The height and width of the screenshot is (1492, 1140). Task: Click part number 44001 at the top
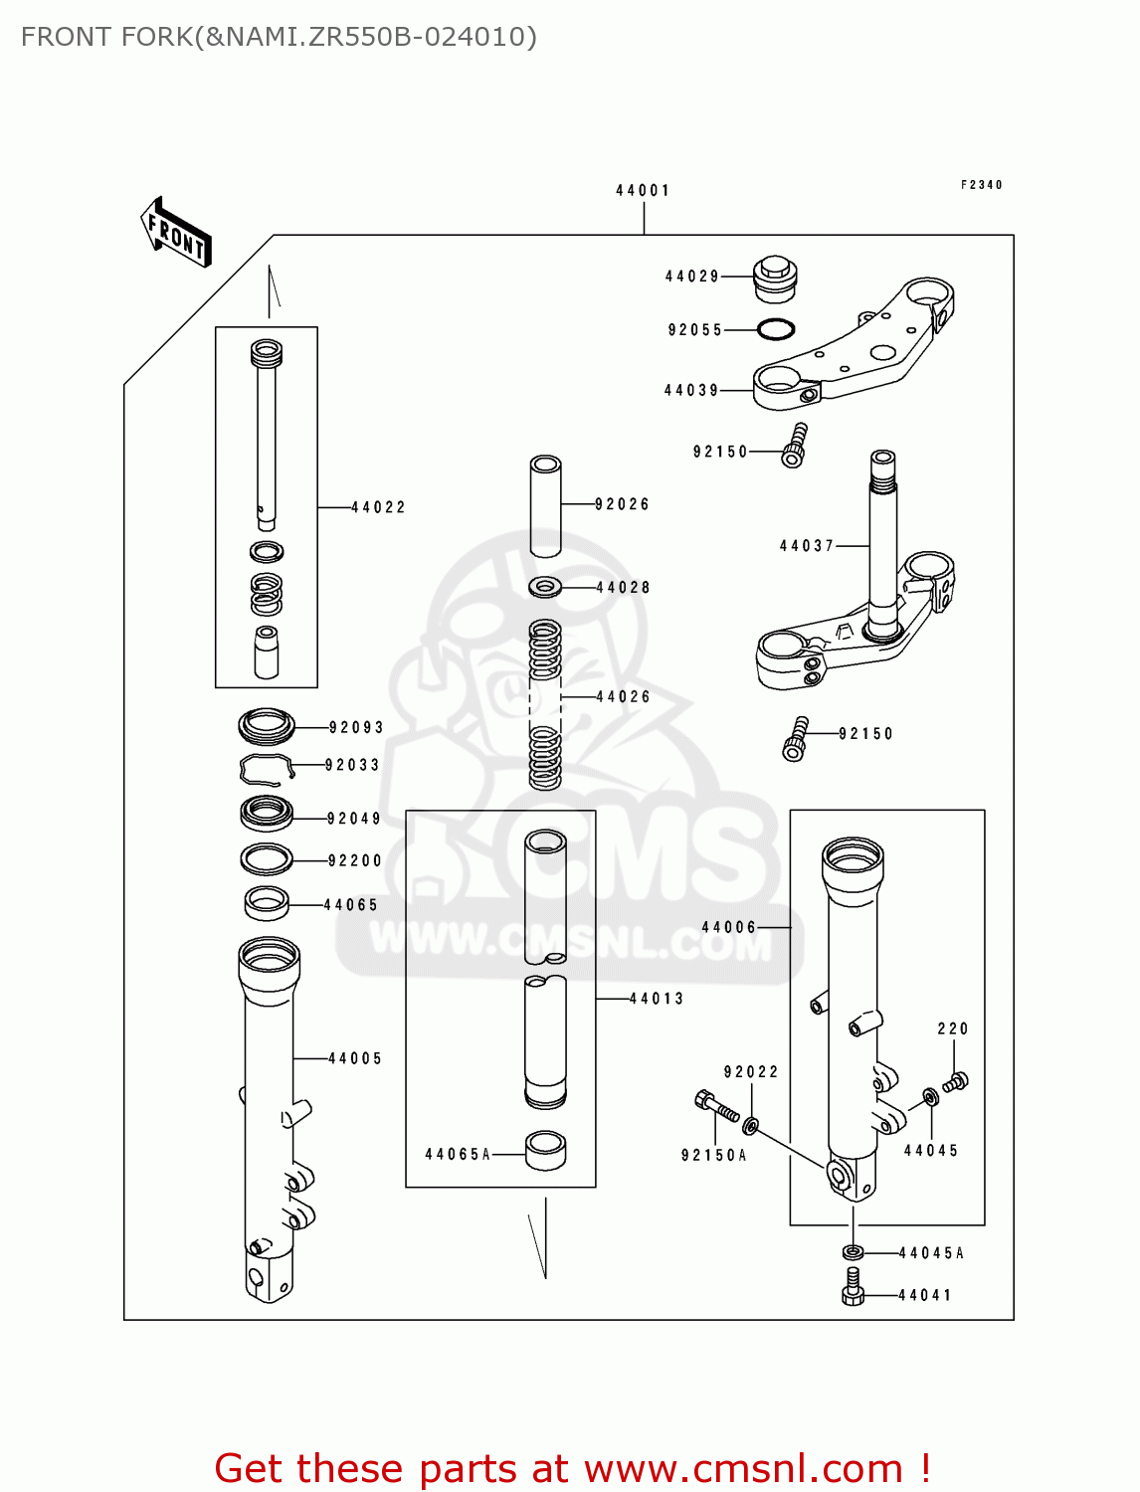(643, 190)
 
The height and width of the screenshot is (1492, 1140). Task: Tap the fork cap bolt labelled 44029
(775, 278)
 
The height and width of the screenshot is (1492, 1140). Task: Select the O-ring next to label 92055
(776, 329)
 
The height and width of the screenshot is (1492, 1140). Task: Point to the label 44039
(691, 391)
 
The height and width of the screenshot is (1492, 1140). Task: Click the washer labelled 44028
(545, 587)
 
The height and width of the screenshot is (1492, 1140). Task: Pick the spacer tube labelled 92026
(545, 506)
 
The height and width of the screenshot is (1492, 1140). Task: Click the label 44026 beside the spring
(623, 697)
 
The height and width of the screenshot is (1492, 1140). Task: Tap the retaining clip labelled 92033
(266, 767)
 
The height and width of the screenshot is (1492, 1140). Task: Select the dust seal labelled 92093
(267, 726)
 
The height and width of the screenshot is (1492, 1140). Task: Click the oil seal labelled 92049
(267, 814)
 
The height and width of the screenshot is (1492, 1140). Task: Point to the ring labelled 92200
(267, 858)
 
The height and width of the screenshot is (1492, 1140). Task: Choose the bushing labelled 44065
(267, 903)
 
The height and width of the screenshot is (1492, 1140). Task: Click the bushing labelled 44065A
(545, 1151)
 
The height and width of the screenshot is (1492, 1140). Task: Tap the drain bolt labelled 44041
(853, 1287)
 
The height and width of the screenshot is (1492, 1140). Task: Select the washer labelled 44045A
(853, 1251)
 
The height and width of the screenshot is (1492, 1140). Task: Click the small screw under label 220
(956, 1081)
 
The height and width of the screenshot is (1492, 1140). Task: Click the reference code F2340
(981, 185)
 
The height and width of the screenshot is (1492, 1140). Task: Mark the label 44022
(378, 507)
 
